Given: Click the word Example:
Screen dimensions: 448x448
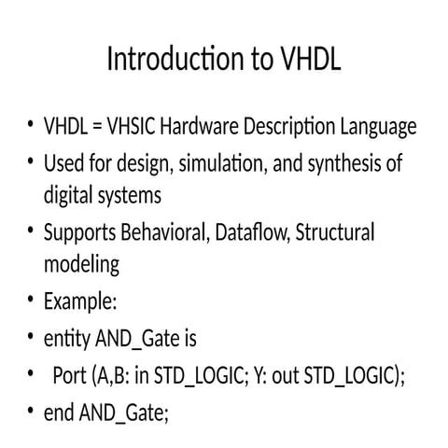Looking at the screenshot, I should [x=80, y=301].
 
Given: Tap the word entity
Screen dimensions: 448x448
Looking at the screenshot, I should [x=67, y=337].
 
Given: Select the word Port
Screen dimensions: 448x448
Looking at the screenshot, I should [x=70, y=375].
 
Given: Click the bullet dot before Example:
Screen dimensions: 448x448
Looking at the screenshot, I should [x=31, y=301].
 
